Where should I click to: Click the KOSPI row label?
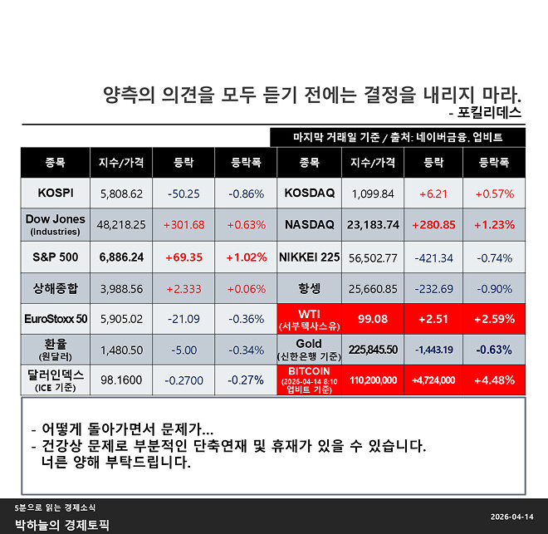(x=56, y=193)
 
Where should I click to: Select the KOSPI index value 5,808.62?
(x=121, y=193)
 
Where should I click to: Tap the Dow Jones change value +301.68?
(x=184, y=224)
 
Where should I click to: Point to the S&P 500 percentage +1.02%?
(x=246, y=257)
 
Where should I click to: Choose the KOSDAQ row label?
(x=309, y=193)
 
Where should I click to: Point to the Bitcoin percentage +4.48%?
(x=495, y=381)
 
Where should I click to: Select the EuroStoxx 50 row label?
(x=56, y=317)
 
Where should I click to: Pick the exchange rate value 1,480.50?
(x=121, y=350)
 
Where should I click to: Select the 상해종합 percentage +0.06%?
(x=246, y=288)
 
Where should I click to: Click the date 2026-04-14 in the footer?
(x=511, y=516)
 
